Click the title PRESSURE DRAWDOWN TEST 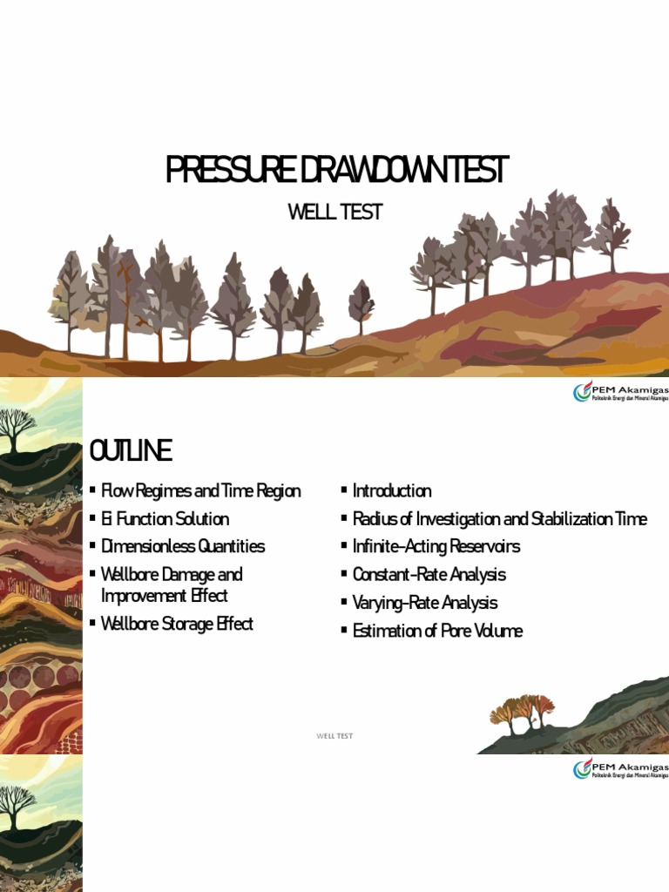pyautogui.click(x=336, y=170)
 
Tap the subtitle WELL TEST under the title pyautogui.click(x=335, y=212)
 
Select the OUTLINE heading pyautogui.click(x=131, y=451)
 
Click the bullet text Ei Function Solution pyautogui.click(x=165, y=519)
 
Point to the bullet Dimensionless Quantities pyautogui.click(x=182, y=547)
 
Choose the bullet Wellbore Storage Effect pyautogui.click(x=177, y=624)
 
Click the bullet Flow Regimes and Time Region pyautogui.click(x=200, y=491)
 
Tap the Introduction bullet pyautogui.click(x=391, y=491)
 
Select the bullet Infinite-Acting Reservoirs pyautogui.click(x=436, y=547)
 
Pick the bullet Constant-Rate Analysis pyautogui.click(x=429, y=575)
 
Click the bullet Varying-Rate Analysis pyautogui.click(x=425, y=603)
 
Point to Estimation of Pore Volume pyautogui.click(x=437, y=631)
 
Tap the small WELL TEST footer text pyautogui.click(x=334, y=736)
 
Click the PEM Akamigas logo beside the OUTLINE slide pyautogui.click(x=619, y=393)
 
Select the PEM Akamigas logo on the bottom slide pyautogui.click(x=619, y=769)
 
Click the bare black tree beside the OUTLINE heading pyautogui.click(x=16, y=429)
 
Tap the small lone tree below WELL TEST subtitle pyautogui.click(x=361, y=303)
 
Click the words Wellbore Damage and pyautogui.click(x=172, y=575)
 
